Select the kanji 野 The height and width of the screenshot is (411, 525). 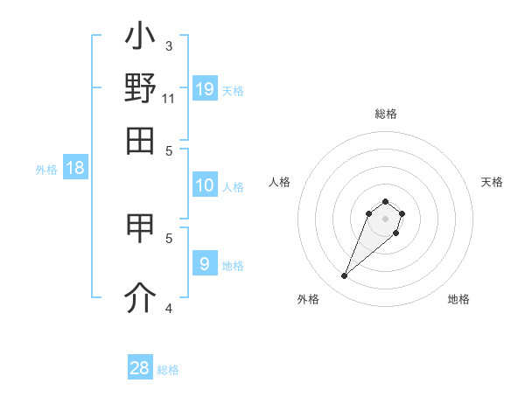(x=140, y=88)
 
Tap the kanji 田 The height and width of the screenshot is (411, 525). (x=140, y=139)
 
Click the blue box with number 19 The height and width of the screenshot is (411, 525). (x=205, y=89)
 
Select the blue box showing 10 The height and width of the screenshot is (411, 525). (x=205, y=185)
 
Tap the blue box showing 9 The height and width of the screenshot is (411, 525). (x=205, y=263)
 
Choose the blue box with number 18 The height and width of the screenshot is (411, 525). (x=75, y=168)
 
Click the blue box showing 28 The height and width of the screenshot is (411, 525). (x=140, y=368)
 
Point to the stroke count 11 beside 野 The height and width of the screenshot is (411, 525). (x=169, y=98)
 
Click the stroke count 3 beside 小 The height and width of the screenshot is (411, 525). (x=169, y=45)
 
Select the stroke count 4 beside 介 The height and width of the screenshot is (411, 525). (x=169, y=307)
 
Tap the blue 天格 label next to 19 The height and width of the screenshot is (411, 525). (x=233, y=91)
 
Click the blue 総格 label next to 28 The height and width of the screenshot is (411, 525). (x=168, y=370)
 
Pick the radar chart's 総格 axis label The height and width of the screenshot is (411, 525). (x=386, y=114)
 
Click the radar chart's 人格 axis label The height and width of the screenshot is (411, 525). (x=280, y=182)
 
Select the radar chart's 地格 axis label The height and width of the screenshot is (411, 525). (x=458, y=299)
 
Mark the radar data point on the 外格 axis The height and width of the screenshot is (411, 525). (x=345, y=276)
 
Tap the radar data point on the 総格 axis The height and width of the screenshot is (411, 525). (x=385, y=202)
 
